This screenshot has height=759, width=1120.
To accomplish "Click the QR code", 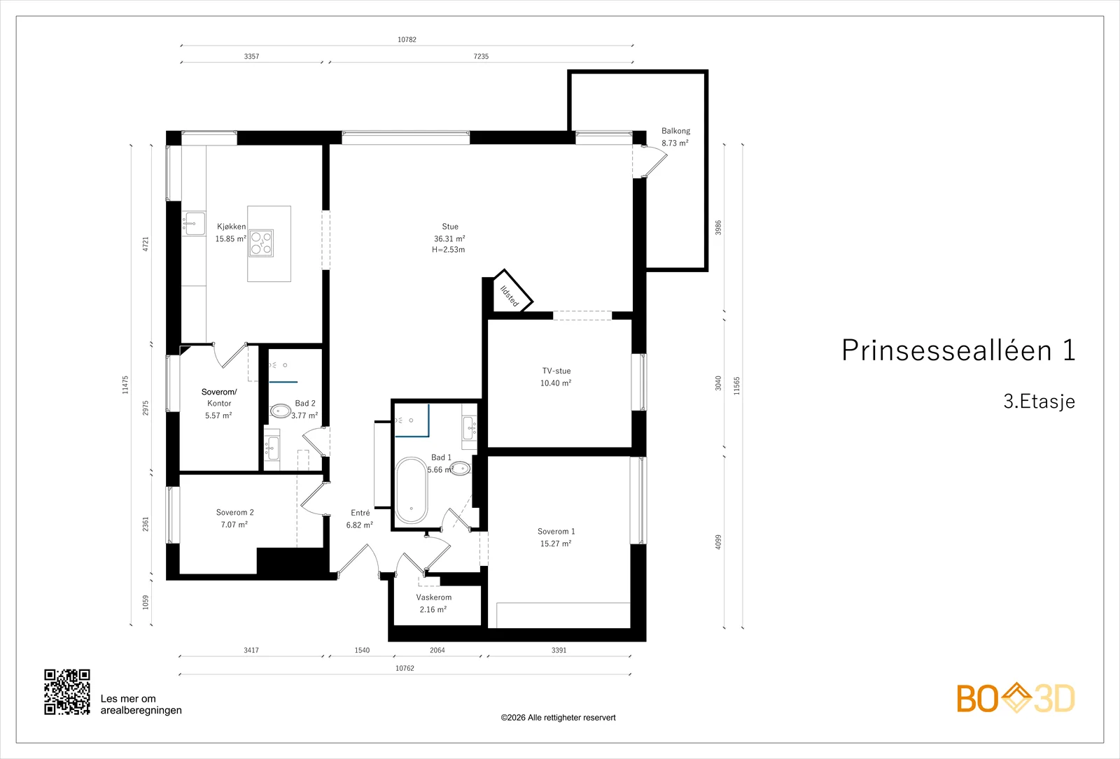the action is tap(67, 692).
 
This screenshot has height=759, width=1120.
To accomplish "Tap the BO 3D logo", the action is tap(1016, 697).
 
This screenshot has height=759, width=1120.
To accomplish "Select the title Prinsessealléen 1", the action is tap(958, 350).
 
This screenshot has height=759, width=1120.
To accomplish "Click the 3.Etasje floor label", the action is tap(1039, 402).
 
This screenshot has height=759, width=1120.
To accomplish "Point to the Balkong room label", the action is tap(675, 131).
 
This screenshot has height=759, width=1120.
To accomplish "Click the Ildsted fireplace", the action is tap(510, 292).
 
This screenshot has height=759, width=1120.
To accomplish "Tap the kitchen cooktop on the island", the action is tap(262, 243).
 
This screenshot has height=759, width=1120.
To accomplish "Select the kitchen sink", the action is tap(194, 223).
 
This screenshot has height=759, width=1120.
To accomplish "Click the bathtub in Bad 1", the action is tap(412, 490).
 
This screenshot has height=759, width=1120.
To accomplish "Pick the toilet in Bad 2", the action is tap(281, 411).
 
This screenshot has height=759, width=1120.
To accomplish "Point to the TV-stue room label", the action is tap(556, 371).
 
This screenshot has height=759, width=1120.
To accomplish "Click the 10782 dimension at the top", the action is tap(407, 39).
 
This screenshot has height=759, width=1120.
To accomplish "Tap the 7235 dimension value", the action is tap(481, 57).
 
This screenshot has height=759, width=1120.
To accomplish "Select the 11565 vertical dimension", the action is tap(736, 385).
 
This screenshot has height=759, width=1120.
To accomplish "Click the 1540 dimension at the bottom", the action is tap(362, 650).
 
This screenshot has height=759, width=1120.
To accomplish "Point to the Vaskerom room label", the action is tap(433, 597).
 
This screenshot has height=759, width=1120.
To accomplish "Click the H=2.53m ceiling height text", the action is tap(449, 250).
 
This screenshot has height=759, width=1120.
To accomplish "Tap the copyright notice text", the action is tap(558, 718).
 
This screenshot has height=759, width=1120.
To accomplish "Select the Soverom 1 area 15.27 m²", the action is tap(556, 544).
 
